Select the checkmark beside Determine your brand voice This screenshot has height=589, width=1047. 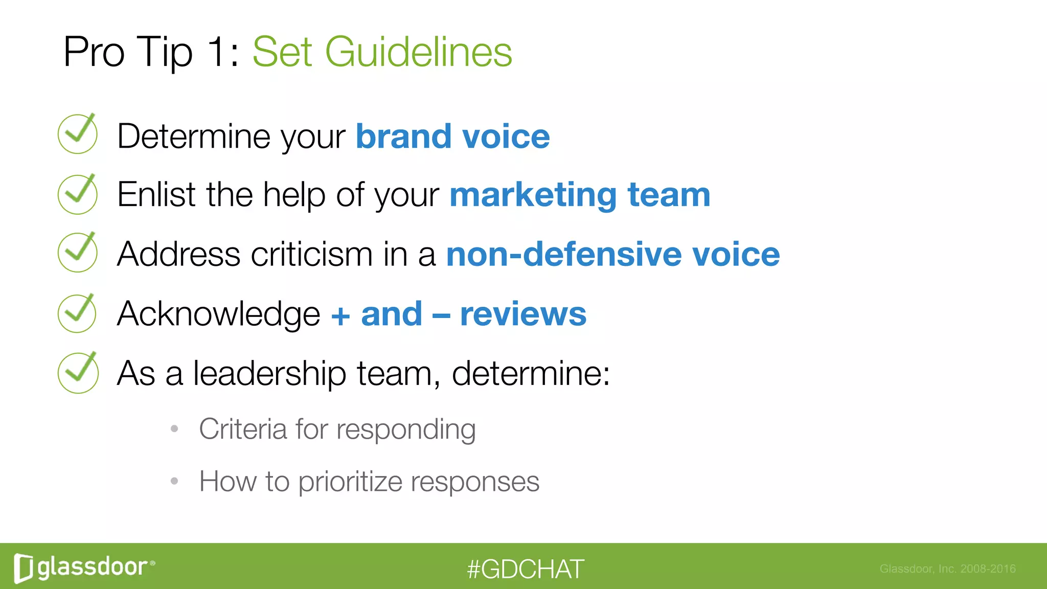click(78, 134)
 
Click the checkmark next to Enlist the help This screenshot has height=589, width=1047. click(78, 194)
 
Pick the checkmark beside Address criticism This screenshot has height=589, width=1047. click(78, 253)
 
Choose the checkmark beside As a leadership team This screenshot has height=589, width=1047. click(78, 373)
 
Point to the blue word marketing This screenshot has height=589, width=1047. click(533, 195)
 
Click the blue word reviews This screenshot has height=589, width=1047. click(523, 313)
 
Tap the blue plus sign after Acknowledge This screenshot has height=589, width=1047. click(340, 315)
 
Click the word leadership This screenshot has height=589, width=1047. click(269, 374)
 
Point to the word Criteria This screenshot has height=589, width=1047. click(242, 428)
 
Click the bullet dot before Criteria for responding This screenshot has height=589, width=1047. click(174, 428)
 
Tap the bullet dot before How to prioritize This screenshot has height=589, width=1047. click(174, 481)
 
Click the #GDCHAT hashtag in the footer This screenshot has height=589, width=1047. click(525, 569)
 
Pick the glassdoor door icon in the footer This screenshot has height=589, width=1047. click(24, 568)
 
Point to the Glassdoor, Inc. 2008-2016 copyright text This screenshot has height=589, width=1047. click(947, 569)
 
